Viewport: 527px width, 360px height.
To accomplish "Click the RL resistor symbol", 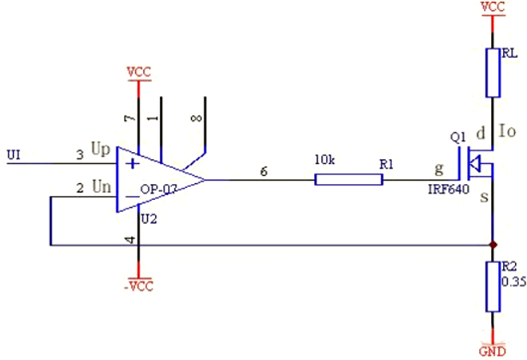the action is (493, 73).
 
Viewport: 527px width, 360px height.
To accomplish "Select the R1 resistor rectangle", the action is (349, 179).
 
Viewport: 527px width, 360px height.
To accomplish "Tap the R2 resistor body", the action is (493, 287).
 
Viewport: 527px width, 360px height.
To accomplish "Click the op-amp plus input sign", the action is (133, 164).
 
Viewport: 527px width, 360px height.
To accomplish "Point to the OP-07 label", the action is (159, 190).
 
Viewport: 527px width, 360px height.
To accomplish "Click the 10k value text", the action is (325, 160).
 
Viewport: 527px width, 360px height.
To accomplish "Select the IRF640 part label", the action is (448, 190).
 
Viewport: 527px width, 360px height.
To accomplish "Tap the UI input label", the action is (14, 155).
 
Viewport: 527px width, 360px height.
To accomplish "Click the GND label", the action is (492, 351).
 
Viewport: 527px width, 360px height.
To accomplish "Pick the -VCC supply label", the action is (139, 286).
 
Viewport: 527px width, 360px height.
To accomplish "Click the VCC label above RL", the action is (493, 7).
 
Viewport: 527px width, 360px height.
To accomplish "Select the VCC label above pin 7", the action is (139, 73).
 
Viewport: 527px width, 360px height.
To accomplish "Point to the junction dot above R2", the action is (493, 245).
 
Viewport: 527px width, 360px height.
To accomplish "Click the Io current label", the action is (507, 131).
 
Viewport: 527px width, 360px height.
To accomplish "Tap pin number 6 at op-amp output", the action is (263, 171).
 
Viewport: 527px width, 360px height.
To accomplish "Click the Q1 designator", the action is (458, 137).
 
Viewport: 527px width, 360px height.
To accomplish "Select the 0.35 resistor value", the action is (514, 281).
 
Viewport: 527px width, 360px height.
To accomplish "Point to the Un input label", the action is (101, 186).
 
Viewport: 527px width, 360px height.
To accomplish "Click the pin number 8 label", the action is (197, 118).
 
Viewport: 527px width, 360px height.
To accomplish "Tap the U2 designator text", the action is (149, 219).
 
